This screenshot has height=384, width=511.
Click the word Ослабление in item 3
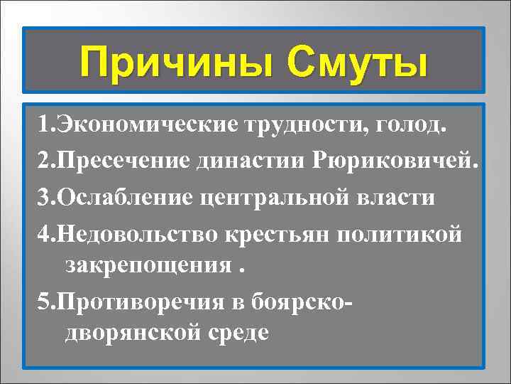(x=126, y=196)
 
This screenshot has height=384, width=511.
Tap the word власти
(x=399, y=196)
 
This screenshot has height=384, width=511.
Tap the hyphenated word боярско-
(x=304, y=300)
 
